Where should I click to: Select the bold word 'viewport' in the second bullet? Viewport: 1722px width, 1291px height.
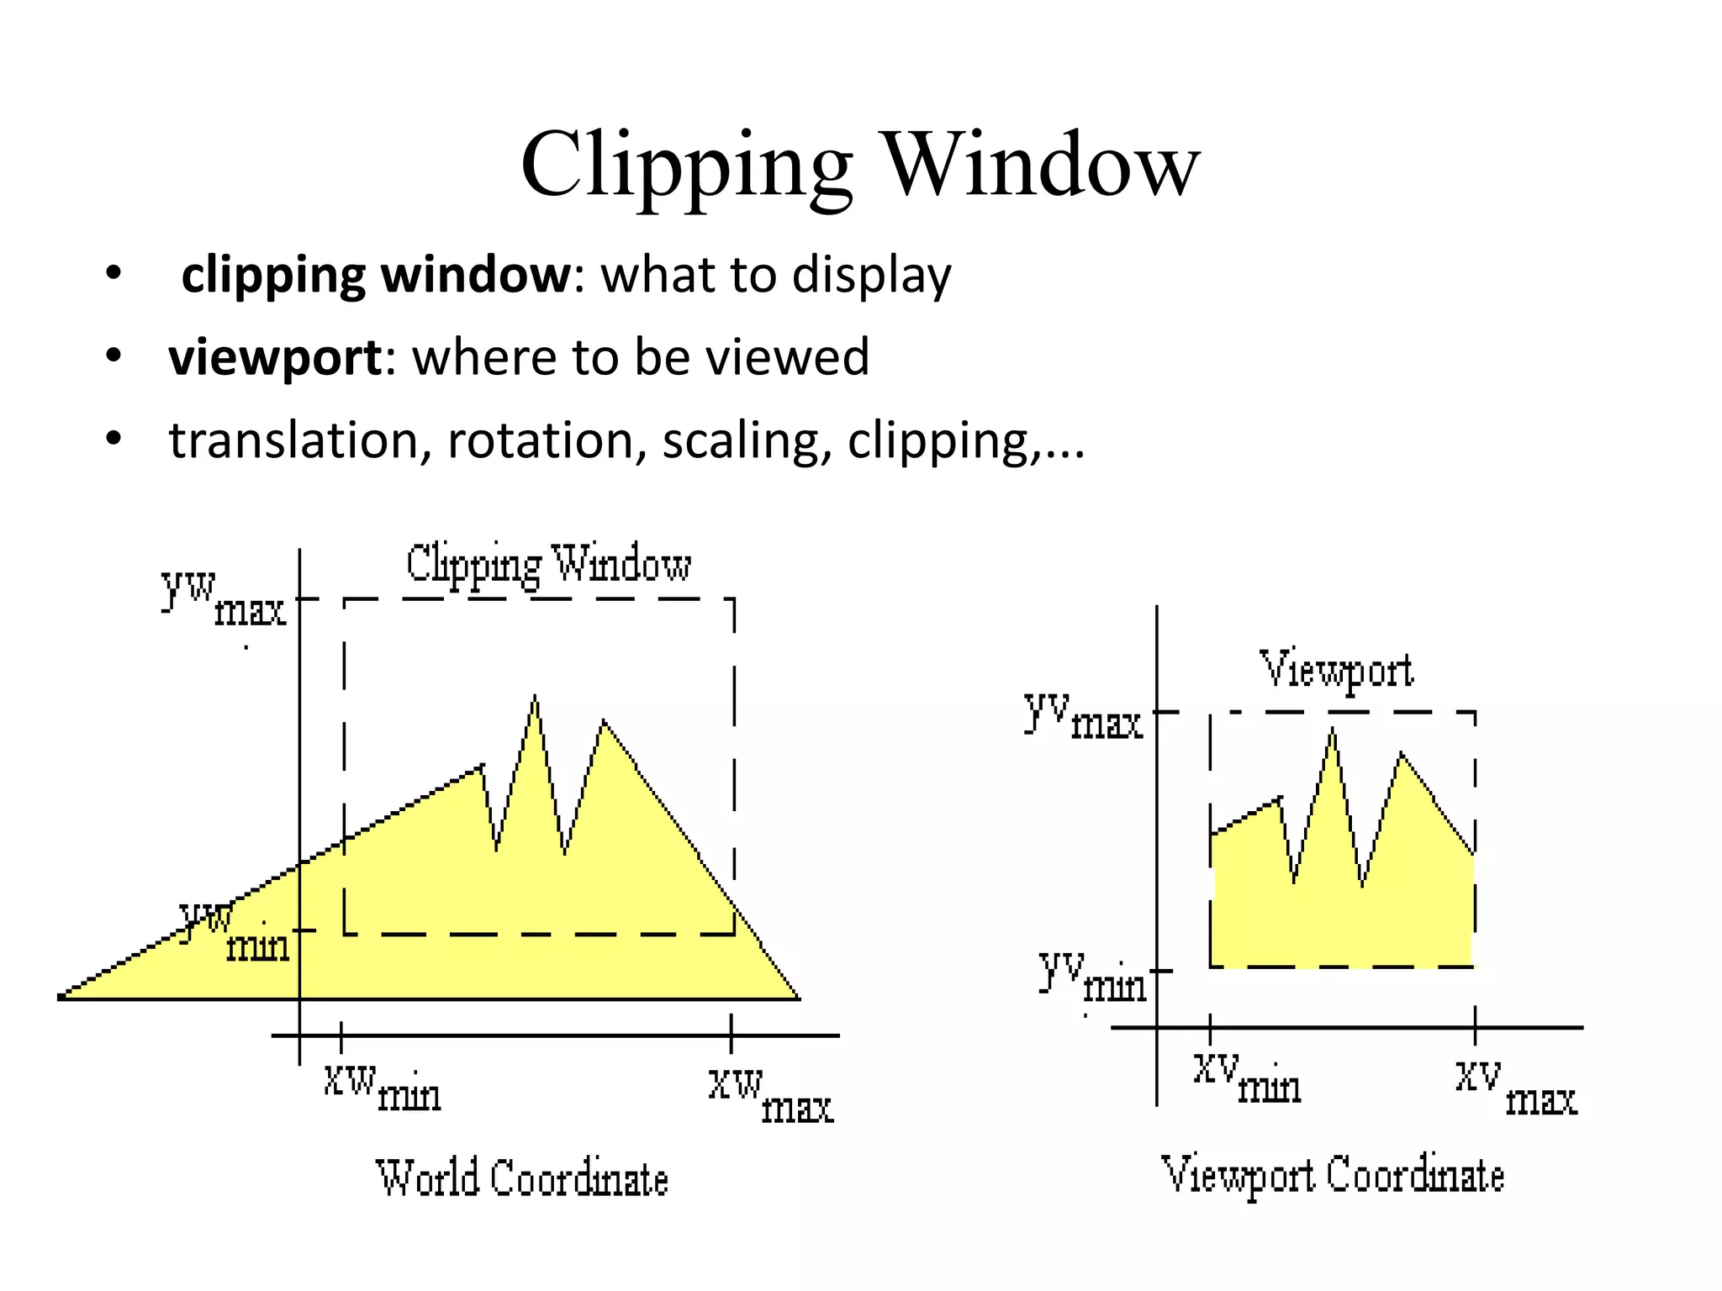pos(275,357)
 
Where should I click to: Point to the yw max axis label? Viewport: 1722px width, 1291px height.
pos(224,598)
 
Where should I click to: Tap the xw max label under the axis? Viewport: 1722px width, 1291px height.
pos(770,1093)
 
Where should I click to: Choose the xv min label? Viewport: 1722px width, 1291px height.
pos(1247,1079)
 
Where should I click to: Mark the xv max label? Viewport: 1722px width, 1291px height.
pos(1517,1088)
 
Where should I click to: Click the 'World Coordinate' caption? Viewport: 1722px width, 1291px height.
pos(521,1178)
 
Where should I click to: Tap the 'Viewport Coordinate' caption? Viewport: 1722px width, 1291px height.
pos(1332,1175)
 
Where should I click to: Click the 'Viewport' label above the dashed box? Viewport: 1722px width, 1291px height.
pos(1336,671)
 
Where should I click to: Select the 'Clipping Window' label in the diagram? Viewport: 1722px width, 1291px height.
pos(548,564)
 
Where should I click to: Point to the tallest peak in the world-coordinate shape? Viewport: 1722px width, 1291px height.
pos(535,698)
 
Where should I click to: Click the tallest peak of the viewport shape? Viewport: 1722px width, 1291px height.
pos(1333,730)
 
